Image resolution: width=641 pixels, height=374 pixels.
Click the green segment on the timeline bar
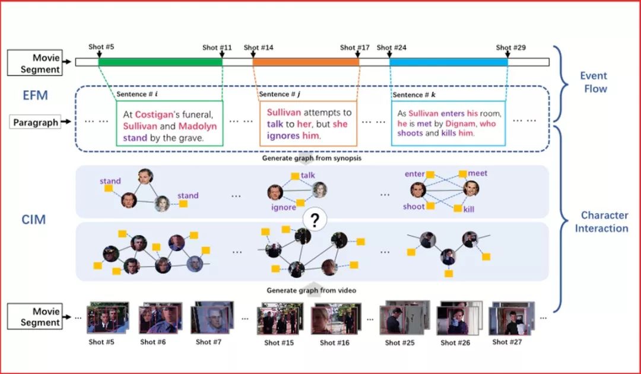(160, 62)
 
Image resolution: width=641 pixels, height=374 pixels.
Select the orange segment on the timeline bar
(306, 62)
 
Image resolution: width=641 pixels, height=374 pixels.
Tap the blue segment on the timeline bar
(449, 62)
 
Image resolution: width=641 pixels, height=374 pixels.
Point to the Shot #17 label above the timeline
(355, 47)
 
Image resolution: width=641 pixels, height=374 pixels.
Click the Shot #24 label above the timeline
(392, 47)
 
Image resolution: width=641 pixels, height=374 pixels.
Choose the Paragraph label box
(36, 123)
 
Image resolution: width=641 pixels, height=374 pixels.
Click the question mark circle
(315, 220)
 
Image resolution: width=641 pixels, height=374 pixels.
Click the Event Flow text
(594, 82)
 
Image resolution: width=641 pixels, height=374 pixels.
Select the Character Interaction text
(601, 221)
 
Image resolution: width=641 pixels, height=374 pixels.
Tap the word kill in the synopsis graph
(468, 209)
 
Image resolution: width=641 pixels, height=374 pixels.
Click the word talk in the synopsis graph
(308, 175)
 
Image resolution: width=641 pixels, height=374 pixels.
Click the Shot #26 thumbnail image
(456, 321)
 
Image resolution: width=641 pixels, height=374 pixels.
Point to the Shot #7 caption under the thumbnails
(208, 342)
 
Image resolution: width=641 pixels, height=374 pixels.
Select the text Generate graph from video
(312, 290)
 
